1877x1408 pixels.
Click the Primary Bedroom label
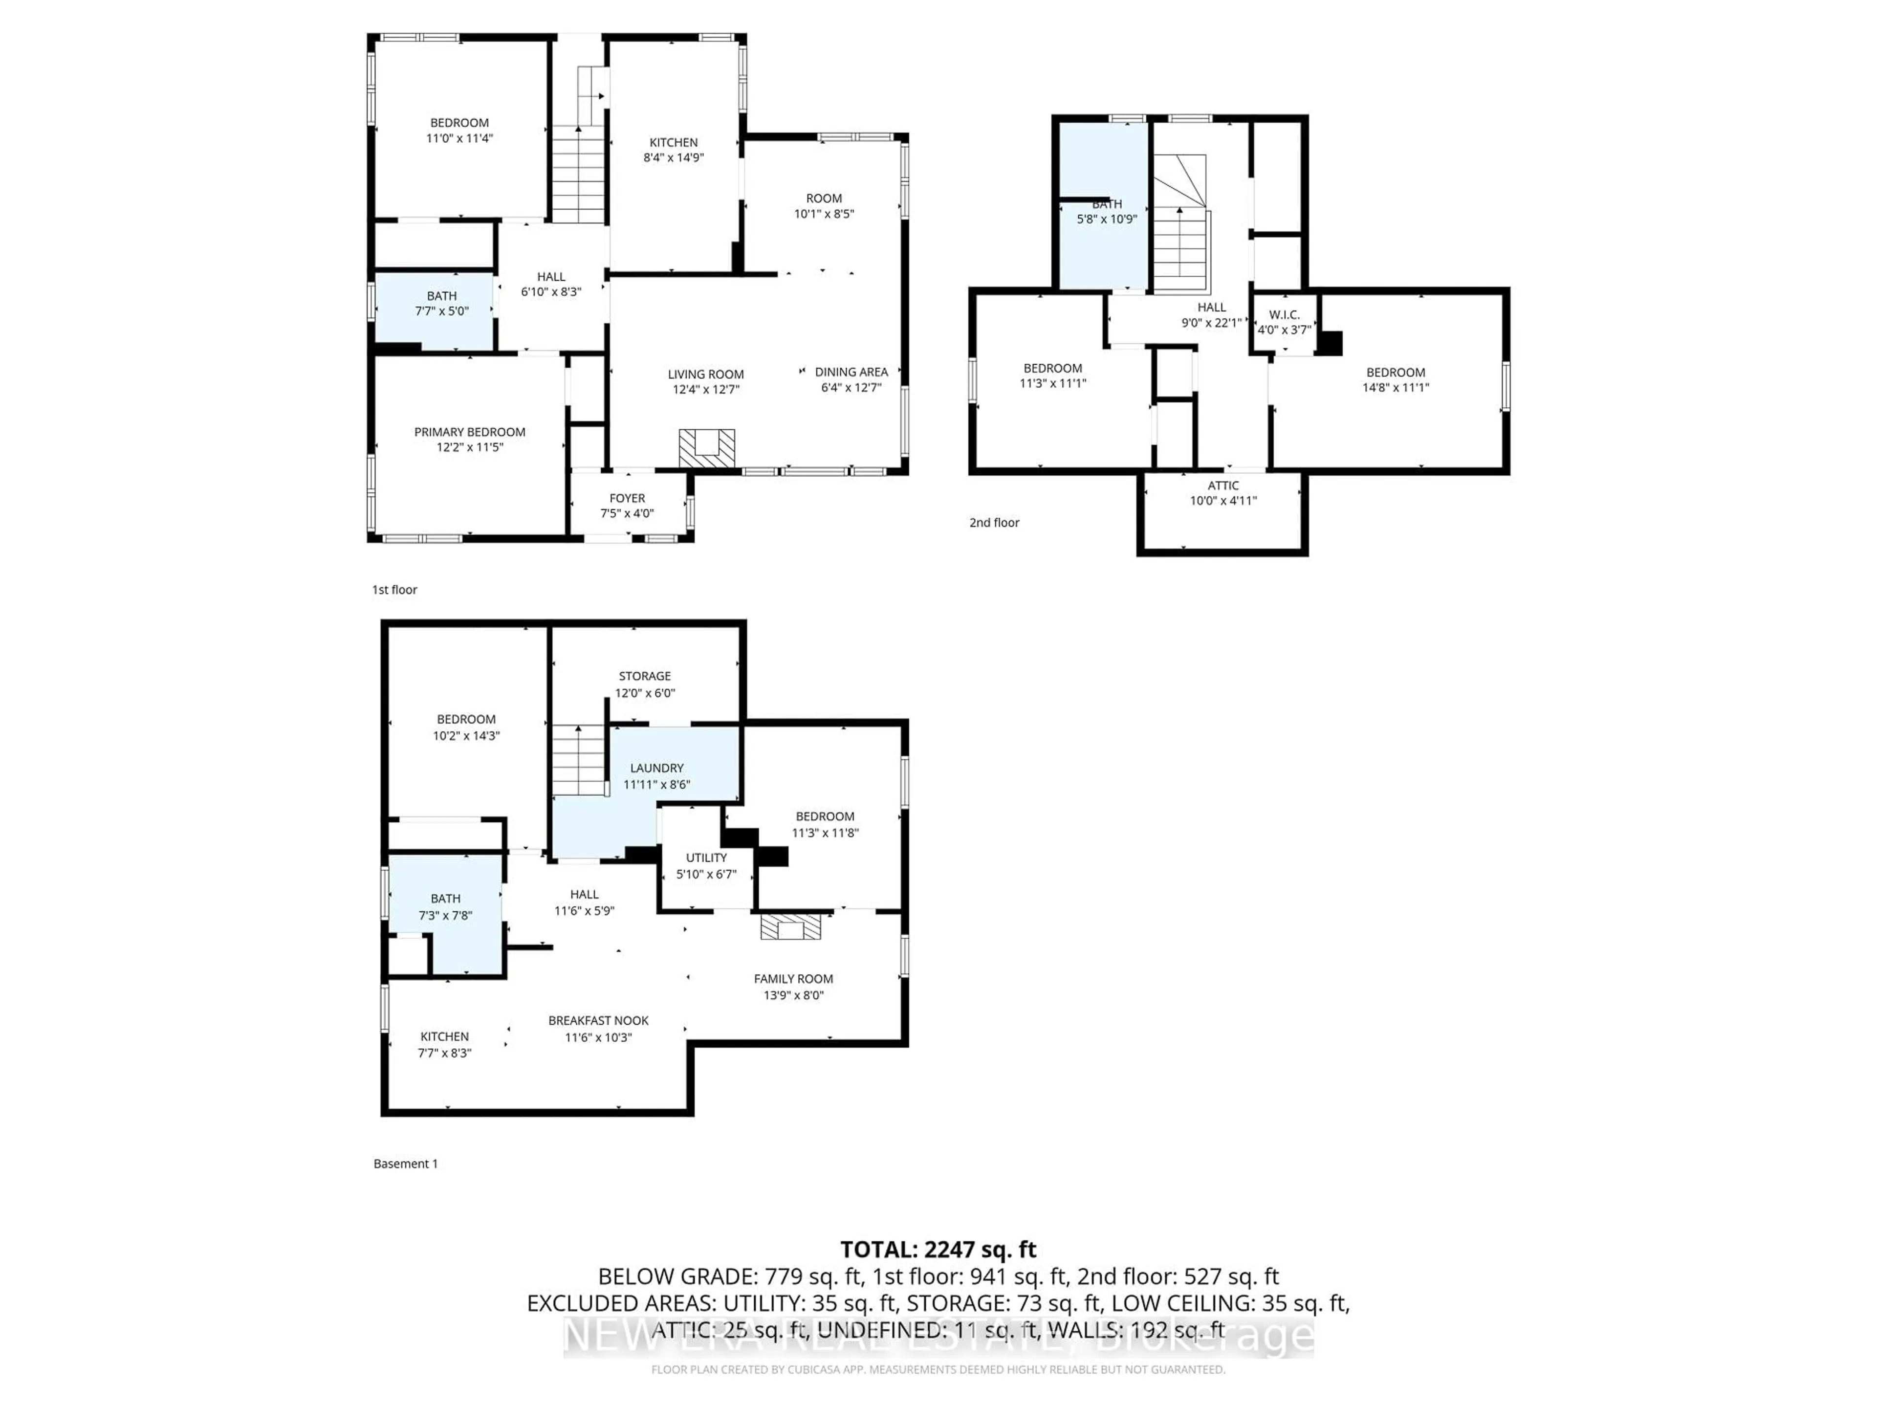point(469,432)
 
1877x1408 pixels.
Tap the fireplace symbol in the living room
point(706,447)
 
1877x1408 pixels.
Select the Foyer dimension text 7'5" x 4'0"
point(627,513)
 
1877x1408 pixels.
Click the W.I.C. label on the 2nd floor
point(1284,315)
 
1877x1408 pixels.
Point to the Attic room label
point(1223,485)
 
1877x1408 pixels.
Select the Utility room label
point(706,858)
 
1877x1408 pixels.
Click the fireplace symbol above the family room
point(790,927)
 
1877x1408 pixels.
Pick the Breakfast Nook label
point(598,1021)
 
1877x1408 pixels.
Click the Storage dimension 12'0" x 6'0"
point(645,693)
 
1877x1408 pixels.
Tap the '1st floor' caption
point(394,590)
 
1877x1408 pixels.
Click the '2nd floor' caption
point(994,523)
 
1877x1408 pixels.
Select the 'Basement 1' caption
point(406,1164)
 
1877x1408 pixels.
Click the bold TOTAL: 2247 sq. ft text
point(938,1249)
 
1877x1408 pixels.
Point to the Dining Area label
point(851,372)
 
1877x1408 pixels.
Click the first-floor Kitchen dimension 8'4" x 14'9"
point(674,158)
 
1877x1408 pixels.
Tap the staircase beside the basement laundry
point(579,760)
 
